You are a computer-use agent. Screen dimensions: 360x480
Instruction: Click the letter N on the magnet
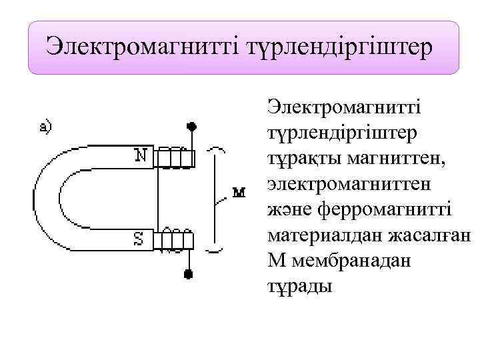click(141, 155)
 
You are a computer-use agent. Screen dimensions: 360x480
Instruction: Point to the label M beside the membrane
click(238, 193)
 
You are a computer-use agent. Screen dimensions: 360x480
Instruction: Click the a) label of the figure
click(47, 127)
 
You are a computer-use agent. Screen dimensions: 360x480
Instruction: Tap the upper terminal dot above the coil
click(192, 126)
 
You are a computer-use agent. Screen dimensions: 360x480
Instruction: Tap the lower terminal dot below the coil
click(189, 273)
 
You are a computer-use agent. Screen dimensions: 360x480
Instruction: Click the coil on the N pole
click(175, 157)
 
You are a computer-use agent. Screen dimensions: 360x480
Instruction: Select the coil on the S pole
click(174, 240)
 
